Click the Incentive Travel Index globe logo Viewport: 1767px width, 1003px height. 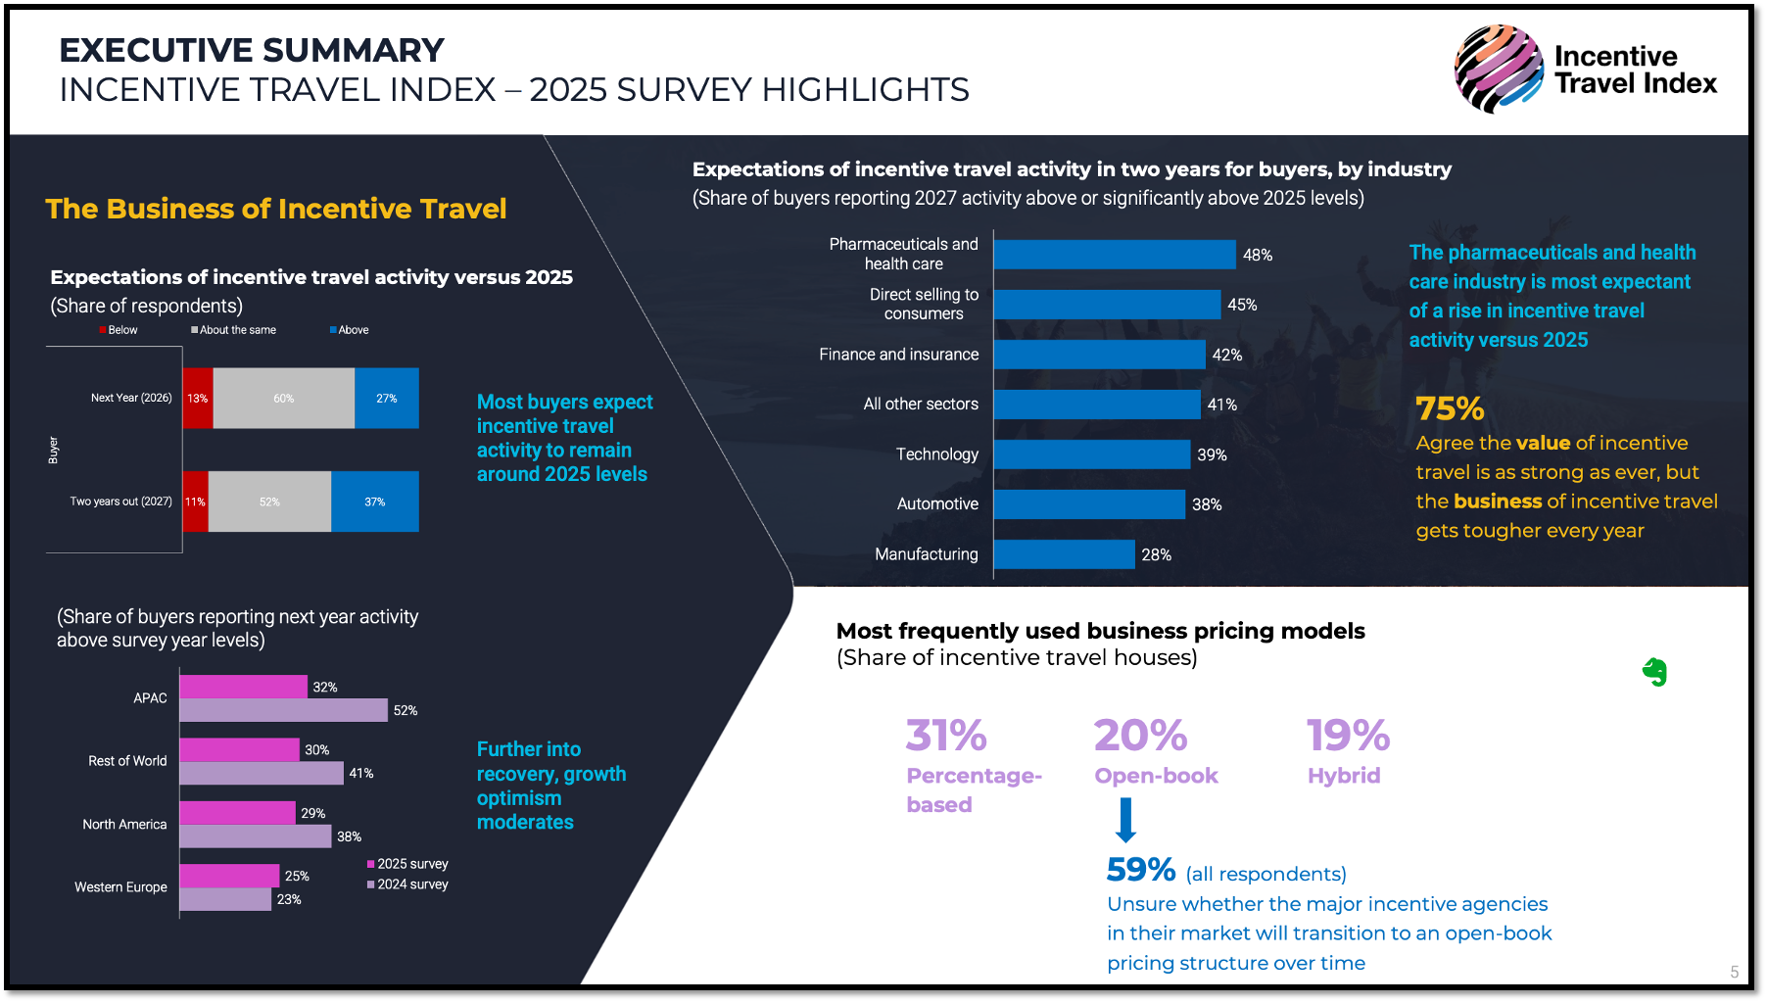pos(1498,69)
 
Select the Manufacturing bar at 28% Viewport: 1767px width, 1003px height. pos(1064,554)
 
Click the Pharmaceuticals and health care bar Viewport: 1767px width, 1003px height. pos(1115,255)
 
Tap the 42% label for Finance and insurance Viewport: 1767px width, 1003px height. pos(1226,355)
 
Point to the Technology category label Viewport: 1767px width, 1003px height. pos(936,454)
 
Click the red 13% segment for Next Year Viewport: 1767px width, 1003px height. pos(198,399)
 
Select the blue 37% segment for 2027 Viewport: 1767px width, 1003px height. pos(374,501)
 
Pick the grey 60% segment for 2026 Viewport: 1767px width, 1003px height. pos(283,399)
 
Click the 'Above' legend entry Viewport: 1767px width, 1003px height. pos(350,330)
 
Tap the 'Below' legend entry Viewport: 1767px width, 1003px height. pos(119,330)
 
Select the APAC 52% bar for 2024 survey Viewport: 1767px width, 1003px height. pos(283,710)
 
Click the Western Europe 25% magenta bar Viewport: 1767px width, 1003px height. pos(229,876)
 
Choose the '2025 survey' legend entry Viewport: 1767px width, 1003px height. pos(407,864)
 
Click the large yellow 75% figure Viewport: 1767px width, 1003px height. pos(1450,408)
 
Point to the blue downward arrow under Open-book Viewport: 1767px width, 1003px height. pos(1126,820)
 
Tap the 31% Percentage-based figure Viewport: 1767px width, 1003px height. pos(946,736)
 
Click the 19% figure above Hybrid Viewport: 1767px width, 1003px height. pos(1348,736)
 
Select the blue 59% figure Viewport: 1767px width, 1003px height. pos(1140,870)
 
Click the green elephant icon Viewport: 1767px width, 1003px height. pos(1654,672)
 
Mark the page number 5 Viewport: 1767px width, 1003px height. pos(1734,972)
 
